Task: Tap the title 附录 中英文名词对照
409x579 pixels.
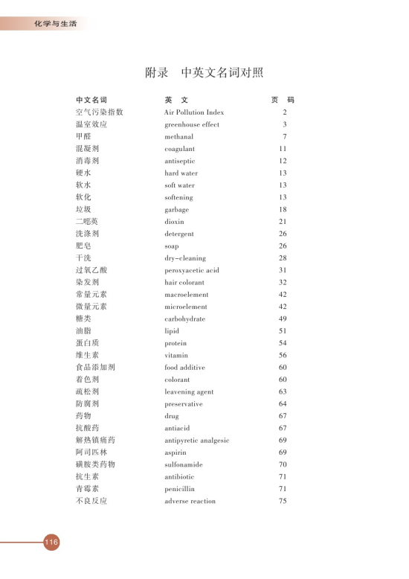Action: (204, 74)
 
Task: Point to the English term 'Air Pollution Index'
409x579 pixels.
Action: (193, 112)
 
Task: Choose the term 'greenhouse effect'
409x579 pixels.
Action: (192, 124)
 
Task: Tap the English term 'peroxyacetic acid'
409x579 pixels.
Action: (193, 270)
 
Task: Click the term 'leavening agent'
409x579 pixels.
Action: (189, 391)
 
